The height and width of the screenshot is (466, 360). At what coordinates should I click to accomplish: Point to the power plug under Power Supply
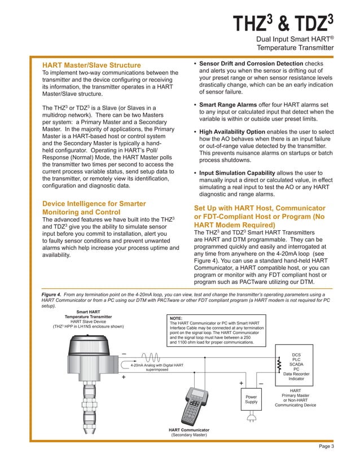(252, 418)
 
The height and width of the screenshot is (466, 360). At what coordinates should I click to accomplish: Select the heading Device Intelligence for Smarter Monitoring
(94, 208)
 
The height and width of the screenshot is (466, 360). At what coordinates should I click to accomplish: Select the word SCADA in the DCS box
(297, 364)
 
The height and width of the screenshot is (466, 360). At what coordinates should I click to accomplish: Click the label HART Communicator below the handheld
(189, 430)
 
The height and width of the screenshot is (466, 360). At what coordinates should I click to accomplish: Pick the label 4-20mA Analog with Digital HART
(157, 366)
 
